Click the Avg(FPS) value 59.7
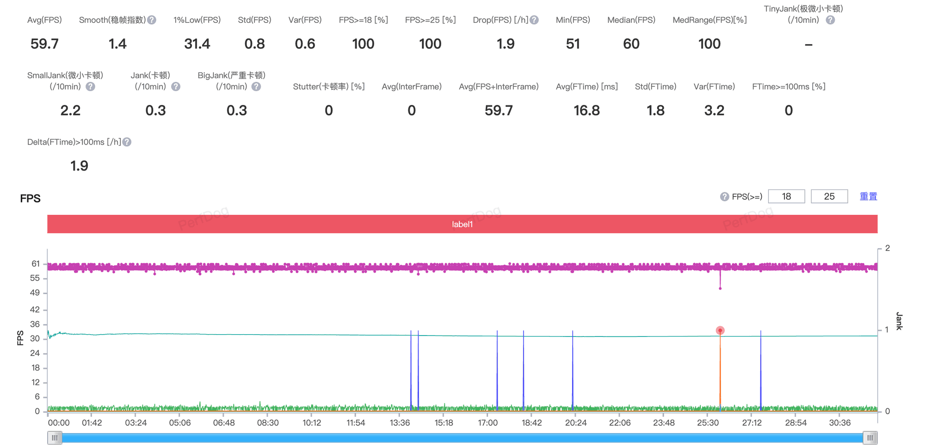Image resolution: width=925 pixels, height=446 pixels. point(44,44)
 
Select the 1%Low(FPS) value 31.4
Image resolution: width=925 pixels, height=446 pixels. point(197,44)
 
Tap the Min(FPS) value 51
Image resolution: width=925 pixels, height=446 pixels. point(573,44)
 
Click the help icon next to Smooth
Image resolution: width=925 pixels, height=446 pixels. point(152,20)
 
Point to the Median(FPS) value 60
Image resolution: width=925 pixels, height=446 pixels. point(631,44)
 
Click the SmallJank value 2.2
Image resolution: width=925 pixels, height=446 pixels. point(70,110)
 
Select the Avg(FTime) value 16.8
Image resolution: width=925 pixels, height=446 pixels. point(587,110)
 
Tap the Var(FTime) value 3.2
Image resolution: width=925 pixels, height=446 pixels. point(714,110)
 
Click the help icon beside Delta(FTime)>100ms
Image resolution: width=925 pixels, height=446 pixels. point(127,142)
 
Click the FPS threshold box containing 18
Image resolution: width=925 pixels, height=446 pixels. point(786,196)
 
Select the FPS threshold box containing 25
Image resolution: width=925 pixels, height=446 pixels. point(829,196)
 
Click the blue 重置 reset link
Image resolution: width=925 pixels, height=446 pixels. point(868,196)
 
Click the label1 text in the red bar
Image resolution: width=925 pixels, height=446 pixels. point(462,224)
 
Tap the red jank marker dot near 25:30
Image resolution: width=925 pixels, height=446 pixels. point(720,330)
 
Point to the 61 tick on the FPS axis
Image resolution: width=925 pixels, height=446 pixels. point(36,264)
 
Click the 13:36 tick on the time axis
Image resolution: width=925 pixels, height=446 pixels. point(400,423)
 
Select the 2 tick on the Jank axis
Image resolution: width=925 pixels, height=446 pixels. point(888,248)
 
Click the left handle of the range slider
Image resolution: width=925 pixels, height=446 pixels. point(55,438)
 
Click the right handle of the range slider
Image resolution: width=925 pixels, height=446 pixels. point(870,438)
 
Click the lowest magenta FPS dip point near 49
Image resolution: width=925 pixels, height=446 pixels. point(720,288)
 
